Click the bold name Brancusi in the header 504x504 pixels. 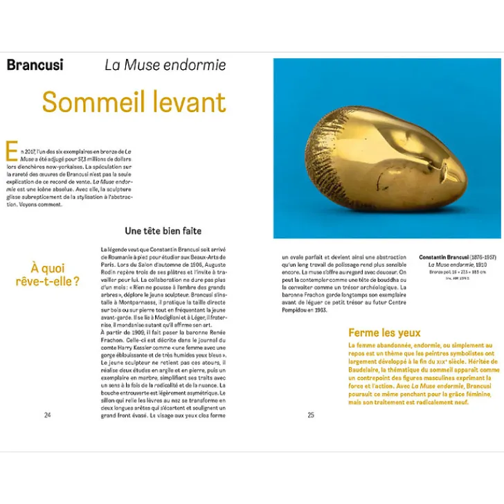pos(35,65)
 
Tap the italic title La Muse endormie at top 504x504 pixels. pos(165,66)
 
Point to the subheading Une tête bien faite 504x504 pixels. pos(163,231)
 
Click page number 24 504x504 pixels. pos(47,415)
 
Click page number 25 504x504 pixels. pos(311,415)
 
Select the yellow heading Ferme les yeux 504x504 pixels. pos(384,333)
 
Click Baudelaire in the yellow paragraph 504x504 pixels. pos(371,370)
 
